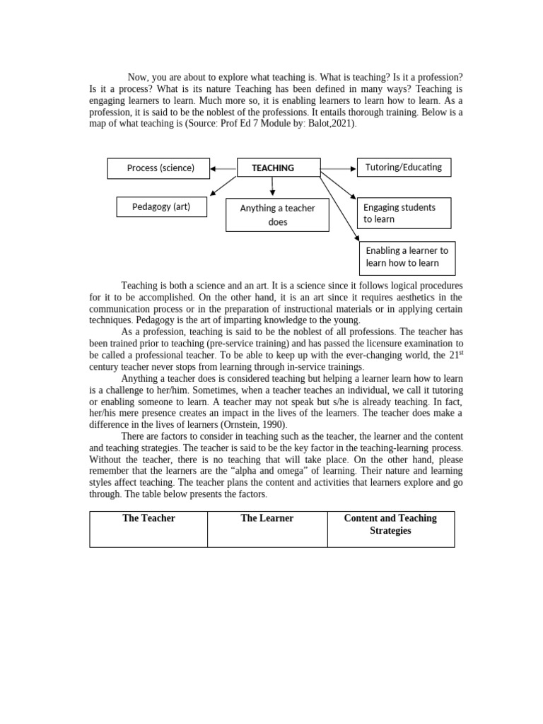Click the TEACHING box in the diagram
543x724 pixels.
273,168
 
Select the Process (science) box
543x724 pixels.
160,168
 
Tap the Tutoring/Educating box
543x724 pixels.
404,168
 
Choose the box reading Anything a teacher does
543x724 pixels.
277,215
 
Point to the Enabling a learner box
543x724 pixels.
407,257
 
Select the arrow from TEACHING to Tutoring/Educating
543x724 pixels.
339,168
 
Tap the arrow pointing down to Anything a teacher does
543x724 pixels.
273,187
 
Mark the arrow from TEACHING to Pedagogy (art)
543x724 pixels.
223,185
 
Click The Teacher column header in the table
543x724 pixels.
148,518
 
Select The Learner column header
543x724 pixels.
267,518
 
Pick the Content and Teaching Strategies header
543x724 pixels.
390,524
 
